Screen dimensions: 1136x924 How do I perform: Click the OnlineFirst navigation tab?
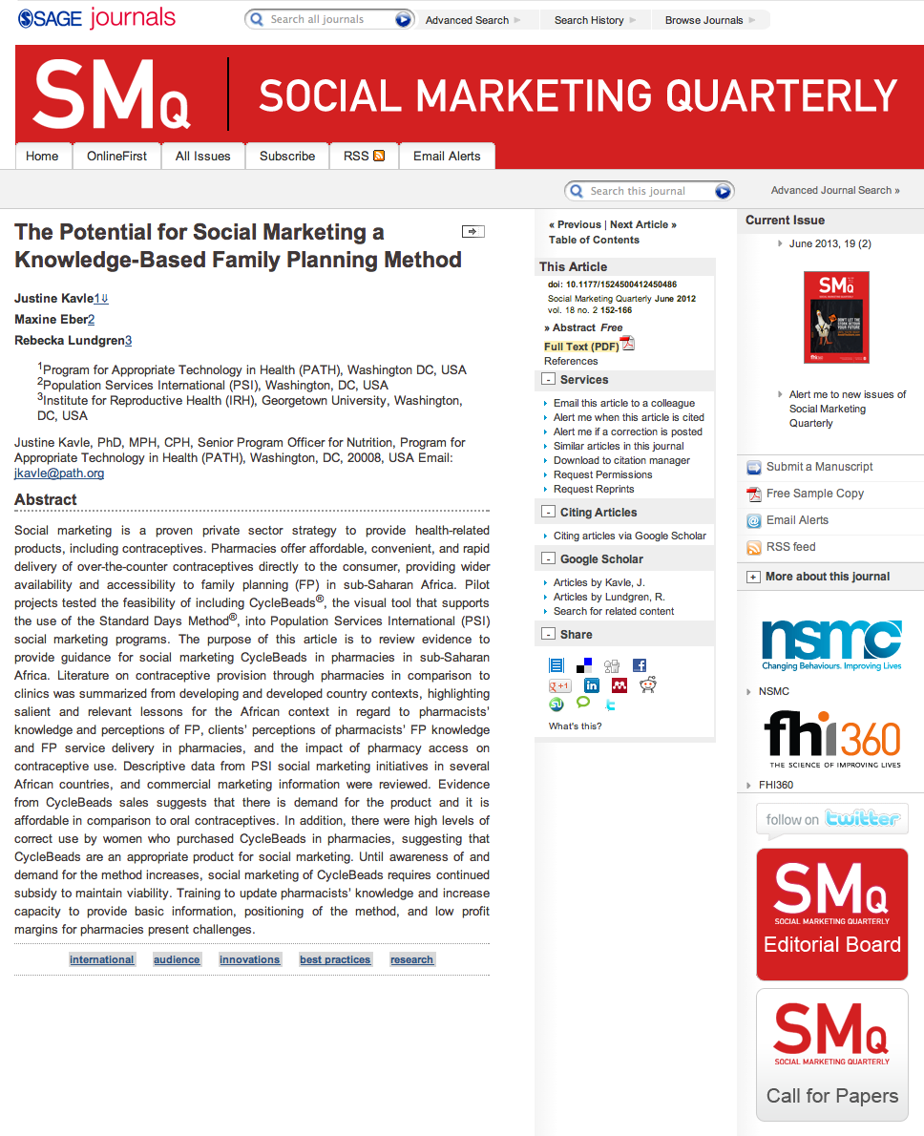click(116, 156)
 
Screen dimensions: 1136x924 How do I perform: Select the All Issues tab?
click(202, 156)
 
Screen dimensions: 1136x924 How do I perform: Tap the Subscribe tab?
click(287, 156)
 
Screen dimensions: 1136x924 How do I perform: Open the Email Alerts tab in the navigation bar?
click(447, 156)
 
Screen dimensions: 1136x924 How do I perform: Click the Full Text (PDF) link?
click(581, 347)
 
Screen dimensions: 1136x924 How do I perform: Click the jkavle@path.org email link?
click(59, 473)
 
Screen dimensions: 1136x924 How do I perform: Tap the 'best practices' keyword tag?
click(335, 959)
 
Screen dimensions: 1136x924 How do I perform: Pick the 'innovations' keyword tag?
click(249, 959)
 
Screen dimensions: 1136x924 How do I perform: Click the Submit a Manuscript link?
click(819, 467)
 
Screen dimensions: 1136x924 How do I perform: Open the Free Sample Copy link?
click(814, 494)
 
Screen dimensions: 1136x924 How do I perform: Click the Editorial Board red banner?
click(831, 914)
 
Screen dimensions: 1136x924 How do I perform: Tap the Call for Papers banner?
click(831, 1059)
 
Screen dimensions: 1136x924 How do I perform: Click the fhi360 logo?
click(831, 742)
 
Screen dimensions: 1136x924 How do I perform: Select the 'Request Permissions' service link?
click(602, 474)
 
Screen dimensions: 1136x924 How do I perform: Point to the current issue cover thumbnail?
click(836, 317)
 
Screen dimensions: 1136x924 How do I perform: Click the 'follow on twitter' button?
click(831, 819)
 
